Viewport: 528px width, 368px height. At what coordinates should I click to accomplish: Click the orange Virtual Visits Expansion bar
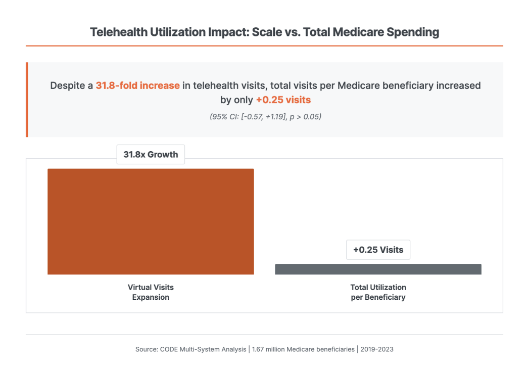pos(151,221)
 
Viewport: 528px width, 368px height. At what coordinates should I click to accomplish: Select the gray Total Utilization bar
pos(378,269)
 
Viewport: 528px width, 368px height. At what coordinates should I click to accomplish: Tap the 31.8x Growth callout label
pos(151,155)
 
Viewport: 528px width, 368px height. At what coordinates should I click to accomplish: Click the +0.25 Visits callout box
pos(378,250)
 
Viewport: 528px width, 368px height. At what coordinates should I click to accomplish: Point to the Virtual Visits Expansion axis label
pos(151,292)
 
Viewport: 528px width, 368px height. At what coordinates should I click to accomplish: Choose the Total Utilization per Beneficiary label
pos(378,292)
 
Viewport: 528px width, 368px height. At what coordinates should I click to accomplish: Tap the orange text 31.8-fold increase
pos(137,85)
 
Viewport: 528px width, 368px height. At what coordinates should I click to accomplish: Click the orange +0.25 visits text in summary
pos(283,100)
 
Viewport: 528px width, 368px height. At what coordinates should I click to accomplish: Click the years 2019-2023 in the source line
pos(377,349)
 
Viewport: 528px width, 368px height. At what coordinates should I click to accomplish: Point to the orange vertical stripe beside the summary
pos(27,100)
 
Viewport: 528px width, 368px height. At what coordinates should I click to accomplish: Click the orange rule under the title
pos(264,46)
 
